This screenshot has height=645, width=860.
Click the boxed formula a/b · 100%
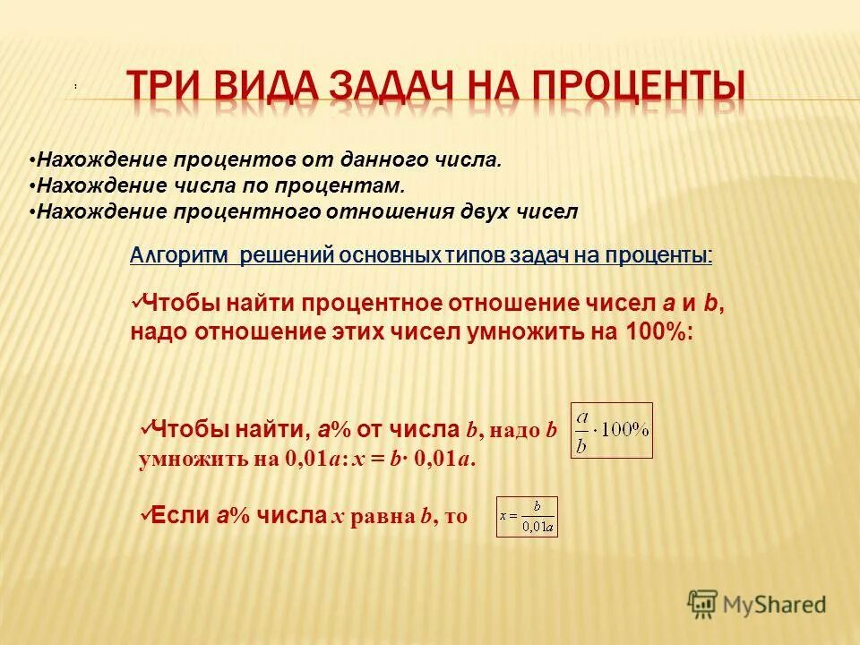point(611,431)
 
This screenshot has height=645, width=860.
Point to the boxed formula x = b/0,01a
point(527,517)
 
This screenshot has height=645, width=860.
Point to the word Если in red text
point(180,515)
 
